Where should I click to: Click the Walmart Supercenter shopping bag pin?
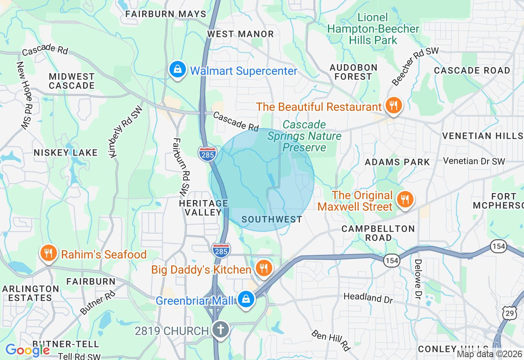[x=178, y=70]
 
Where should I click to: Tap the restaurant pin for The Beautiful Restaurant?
[x=393, y=106]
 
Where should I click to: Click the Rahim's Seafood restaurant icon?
[x=48, y=254]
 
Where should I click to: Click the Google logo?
[x=27, y=350]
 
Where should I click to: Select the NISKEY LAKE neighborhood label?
[x=66, y=153]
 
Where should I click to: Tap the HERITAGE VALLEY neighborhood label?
[x=203, y=208]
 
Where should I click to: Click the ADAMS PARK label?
[x=397, y=162]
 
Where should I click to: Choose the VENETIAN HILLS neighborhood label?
[x=483, y=136]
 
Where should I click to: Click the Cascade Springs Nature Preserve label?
[x=305, y=136]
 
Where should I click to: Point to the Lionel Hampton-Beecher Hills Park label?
[x=373, y=29]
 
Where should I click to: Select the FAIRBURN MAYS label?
[x=166, y=14]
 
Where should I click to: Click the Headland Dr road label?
[x=368, y=297]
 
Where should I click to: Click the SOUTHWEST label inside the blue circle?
[x=272, y=219]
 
